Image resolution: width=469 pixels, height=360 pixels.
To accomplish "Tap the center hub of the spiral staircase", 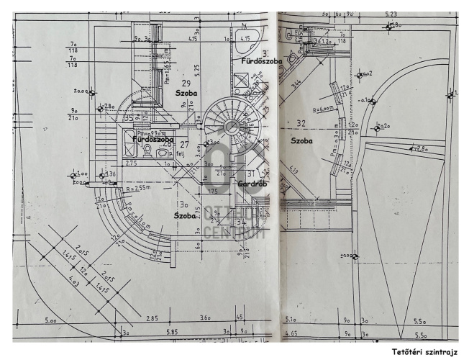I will coord(232,127).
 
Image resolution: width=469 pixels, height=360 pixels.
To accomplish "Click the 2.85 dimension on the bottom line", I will coord(152,318).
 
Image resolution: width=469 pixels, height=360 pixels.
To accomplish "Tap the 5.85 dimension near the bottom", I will coord(172,332).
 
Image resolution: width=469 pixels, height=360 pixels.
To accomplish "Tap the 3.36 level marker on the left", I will coord(111,174).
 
